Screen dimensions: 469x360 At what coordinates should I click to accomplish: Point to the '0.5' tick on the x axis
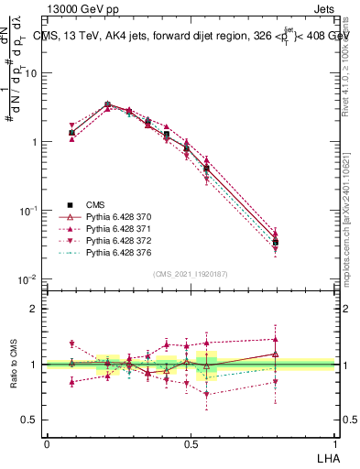[x=191, y=443]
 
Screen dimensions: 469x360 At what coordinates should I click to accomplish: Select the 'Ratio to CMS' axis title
[x=14, y=364]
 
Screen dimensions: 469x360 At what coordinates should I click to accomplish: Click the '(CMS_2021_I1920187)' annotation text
[x=191, y=273]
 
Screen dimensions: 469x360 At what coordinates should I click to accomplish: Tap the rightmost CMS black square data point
[x=300, y=243]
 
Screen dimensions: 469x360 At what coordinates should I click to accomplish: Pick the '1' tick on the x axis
[x=334, y=443]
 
